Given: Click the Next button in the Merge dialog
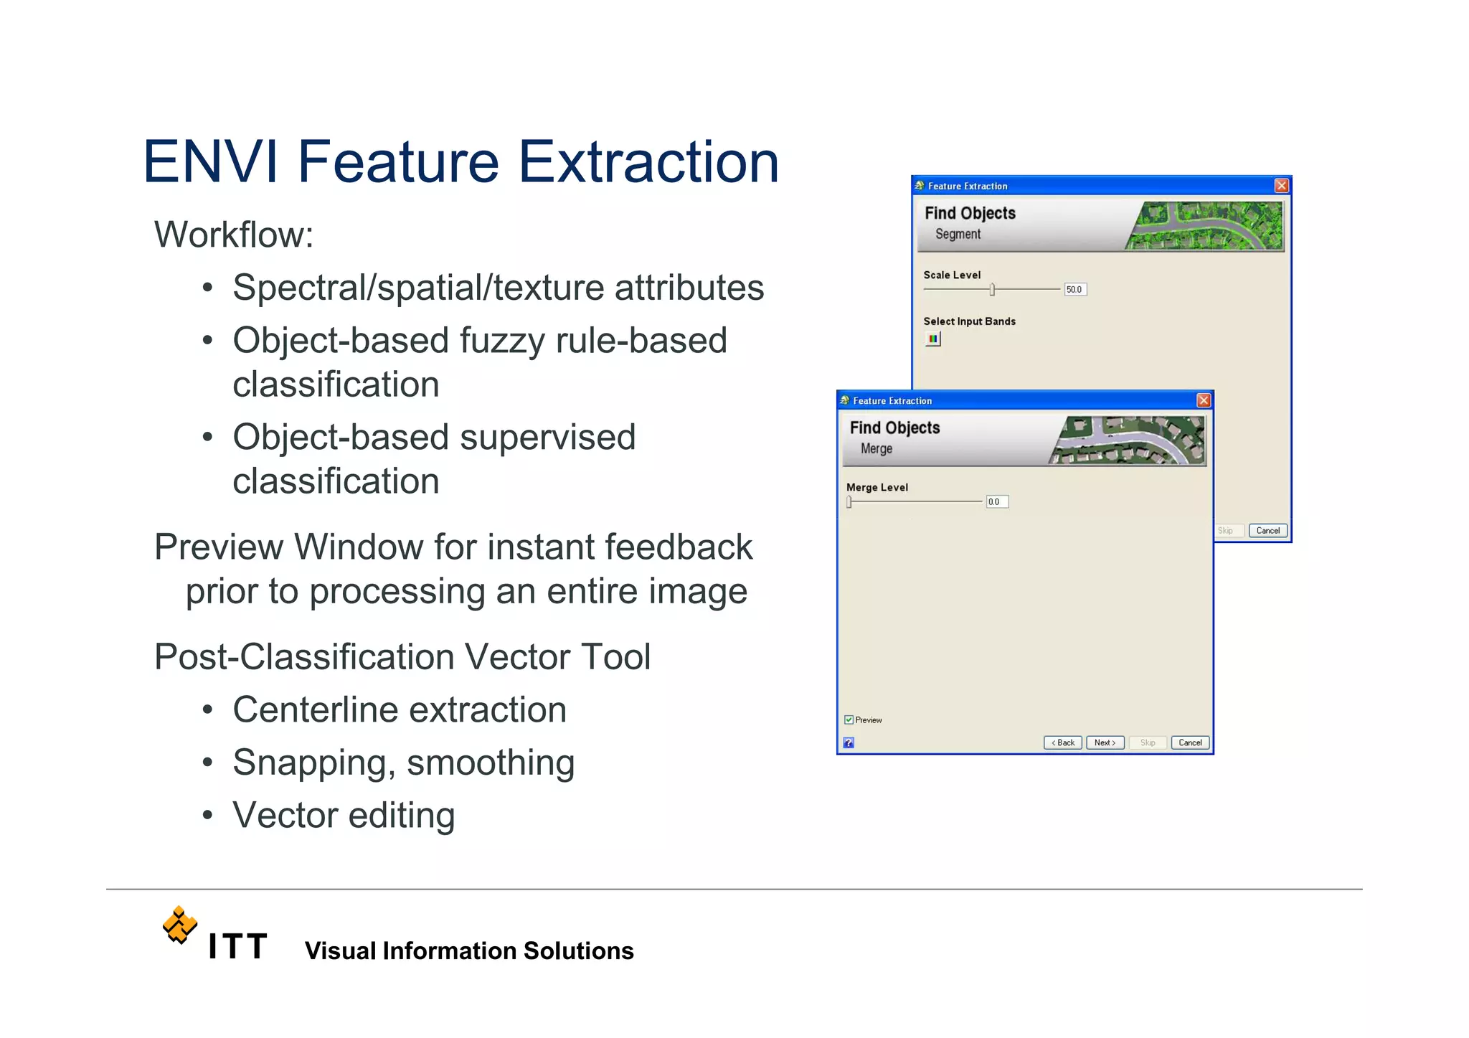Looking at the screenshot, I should point(1105,742).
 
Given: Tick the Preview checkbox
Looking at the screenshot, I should point(849,719).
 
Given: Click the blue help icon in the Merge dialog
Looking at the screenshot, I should point(849,742).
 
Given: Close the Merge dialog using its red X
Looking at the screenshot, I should point(1204,400).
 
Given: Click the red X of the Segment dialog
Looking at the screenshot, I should point(1281,186).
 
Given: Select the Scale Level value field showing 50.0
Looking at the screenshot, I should point(1074,289).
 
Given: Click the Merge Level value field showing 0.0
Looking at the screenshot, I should point(996,501).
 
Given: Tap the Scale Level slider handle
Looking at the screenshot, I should point(992,289).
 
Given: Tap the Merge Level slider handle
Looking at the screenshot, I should point(849,501).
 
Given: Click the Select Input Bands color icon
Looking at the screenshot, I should point(932,339).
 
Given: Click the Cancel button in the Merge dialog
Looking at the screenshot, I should point(1190,742).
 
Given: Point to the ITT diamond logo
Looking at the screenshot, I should point(179,925).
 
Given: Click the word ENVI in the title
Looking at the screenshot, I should point(210,162).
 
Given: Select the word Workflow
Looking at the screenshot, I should point(233,235).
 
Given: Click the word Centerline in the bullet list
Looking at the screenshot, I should point(314,710).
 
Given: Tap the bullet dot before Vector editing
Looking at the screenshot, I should point(207,816).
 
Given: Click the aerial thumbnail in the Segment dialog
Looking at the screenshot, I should point(1205,225).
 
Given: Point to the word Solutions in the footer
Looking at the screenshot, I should point(578,950).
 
